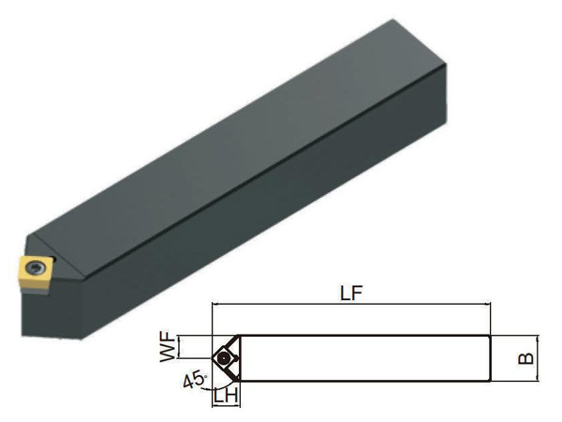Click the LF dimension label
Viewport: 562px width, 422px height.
click(351, 294)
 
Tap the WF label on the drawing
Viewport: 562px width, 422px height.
click(168, 347)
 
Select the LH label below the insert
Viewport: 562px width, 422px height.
click(226, 396)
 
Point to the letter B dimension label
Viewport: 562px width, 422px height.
click(525, 358)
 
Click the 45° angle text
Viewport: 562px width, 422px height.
click(195, 381)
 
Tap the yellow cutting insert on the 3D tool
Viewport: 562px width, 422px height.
click(34, 274)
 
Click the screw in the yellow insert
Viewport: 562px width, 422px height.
click(36, 267)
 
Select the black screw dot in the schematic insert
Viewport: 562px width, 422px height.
click(224, 358)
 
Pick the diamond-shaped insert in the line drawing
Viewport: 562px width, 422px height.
click(225, 358)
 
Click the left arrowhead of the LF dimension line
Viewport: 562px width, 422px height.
click(215, 304)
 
